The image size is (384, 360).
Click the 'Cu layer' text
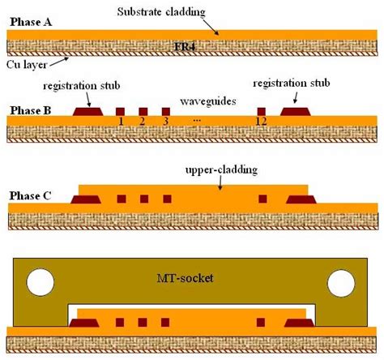tap(25, 61)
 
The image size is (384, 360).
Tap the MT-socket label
tap(193, 281)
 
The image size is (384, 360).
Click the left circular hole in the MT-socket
tap(38, 281)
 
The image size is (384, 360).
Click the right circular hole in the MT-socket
tap(342, 281)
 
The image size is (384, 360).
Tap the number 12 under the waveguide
tap(261, 122)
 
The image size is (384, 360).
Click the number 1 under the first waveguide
tap(120, 122)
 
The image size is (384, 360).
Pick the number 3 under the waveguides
tap(166, 122)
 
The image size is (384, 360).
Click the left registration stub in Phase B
tap(87, 110)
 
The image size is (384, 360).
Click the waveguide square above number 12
tap(261, 111)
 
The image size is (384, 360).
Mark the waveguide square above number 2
tap(143, 111)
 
